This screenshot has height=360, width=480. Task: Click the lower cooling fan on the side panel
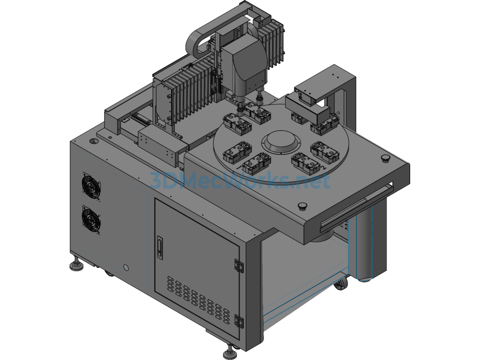[91, 219]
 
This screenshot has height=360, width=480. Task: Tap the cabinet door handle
[159, 246]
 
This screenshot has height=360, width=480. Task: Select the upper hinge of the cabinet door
[239, 265]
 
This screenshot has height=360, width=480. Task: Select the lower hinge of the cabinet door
[239, 321]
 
